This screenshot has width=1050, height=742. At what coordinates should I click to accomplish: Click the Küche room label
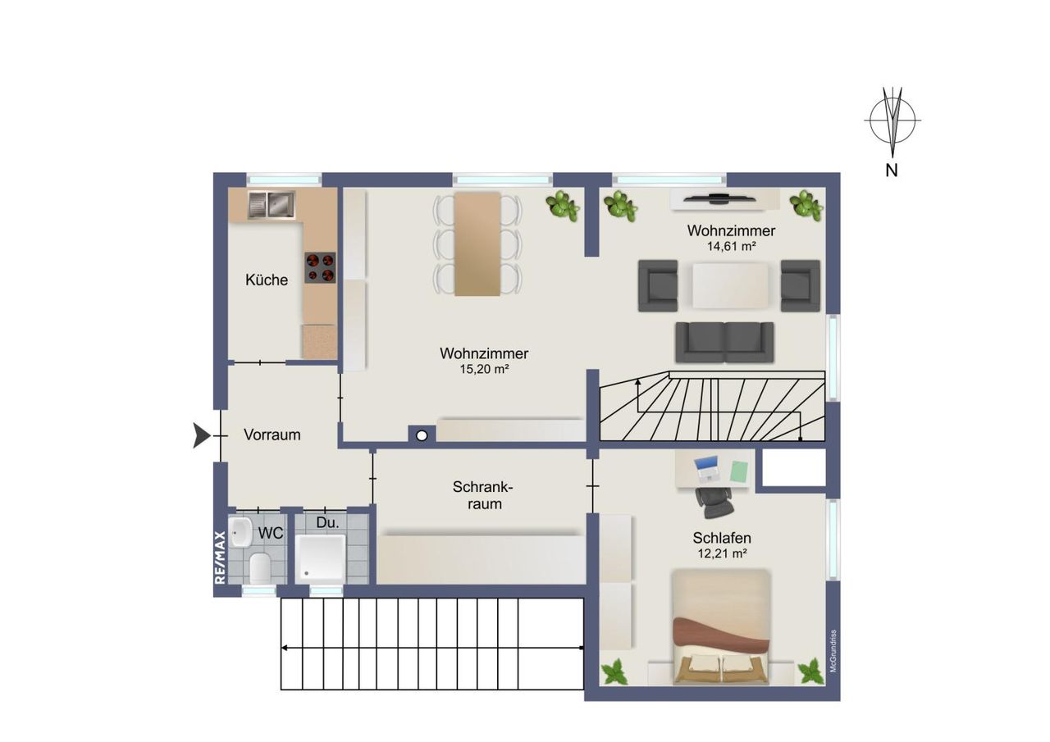pyautogui.click(x=267, y=280)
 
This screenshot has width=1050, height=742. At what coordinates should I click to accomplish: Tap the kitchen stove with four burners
pyautogui.click(x=320, y=267)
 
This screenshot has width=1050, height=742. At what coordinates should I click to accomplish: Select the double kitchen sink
pyautogui.click(x=272, y=205)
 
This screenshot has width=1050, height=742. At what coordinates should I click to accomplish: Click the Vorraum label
pyautogui.click(x=272, y=435)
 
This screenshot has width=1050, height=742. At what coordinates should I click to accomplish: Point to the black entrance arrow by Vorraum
pyautogui.click(x=202, y=435)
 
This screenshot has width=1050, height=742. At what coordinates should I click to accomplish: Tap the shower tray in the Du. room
pyautogui.click(x=322, y=558)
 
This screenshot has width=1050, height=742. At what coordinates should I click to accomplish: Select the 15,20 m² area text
pyautogui.click(x=484, y=369)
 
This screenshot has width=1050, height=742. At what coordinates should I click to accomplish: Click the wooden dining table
pyautogui.click(x=477, y=244)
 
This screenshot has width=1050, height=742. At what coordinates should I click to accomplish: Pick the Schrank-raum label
pyautogui.click(x=483, y=495)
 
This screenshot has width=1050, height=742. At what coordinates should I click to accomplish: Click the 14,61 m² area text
pyautogui.click(x=731, y=247)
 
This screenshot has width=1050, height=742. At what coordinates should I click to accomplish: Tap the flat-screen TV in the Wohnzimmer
pyautogui.click(x=719, y=198)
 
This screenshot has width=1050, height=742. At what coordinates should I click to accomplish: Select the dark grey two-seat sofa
pyautogui.click(x=724, y=342)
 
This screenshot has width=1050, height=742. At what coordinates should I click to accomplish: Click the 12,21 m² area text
pyautogui.click(x=722, y=553)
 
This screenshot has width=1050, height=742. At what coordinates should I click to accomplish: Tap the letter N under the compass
pyautogui.click(x=892, y=171)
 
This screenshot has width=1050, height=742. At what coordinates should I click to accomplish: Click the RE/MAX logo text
pyautogui.click(x=220, y=558)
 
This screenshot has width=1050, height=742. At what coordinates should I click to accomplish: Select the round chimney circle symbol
pyautogui.click(x=422, y=436)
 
